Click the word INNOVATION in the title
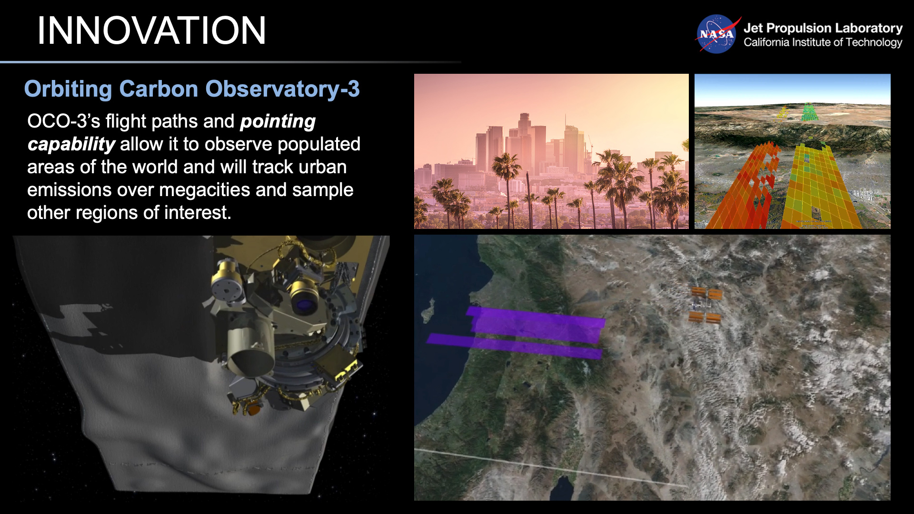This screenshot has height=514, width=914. click(x=151, y=31)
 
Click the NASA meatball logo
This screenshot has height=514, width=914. click(x=716, y=34)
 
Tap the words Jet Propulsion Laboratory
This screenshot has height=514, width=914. click(x=823, y=28)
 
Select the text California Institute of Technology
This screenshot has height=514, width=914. click(x=823, y=42)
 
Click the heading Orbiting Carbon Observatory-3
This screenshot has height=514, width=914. click(x=192, y=89)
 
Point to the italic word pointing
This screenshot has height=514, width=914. click(x=278, y=121)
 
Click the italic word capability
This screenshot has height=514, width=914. click(x=71, y=144)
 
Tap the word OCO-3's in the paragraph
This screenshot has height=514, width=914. click(x=63, y=121)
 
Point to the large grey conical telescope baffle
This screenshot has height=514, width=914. click(x=250, y=352)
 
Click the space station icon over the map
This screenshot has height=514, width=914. click(x=706, y=305)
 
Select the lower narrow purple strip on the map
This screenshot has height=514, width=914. click(x=514, y=346)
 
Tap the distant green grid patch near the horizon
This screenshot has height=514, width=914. click(x=808, y=112)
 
